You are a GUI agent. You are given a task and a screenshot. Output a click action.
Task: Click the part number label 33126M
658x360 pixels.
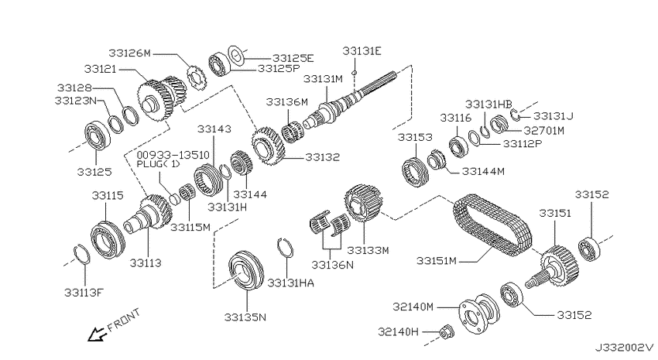pyautogui.click(x=129, y=53)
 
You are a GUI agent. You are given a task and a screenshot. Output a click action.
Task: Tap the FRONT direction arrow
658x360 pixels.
pyautogui.click(x=96, y=334)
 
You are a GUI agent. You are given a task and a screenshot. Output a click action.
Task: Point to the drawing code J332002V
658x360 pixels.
pyautogui.click(x=624, y=348)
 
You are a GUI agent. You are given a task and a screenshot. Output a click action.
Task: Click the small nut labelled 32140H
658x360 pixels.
pyautogui.click(x=444, y=332)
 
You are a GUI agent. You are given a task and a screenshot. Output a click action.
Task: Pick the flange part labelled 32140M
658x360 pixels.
pyautogui.click(x=479, y=314)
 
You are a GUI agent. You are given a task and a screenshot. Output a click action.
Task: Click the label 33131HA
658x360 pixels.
pyautogui.click(x=290, y=283)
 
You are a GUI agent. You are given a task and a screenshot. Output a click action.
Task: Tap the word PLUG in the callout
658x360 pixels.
pyautogui.click(x=148, y=164)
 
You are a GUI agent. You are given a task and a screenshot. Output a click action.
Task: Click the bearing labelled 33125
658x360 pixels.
pyautogui.click(x=98, y=135)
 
